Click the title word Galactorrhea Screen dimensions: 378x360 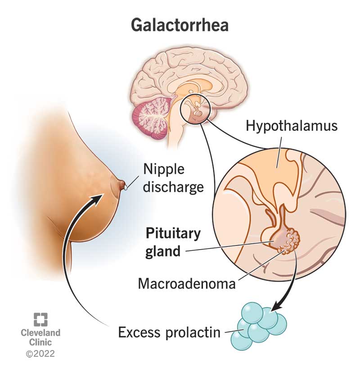(180, 25)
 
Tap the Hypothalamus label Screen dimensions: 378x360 (291, 126)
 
